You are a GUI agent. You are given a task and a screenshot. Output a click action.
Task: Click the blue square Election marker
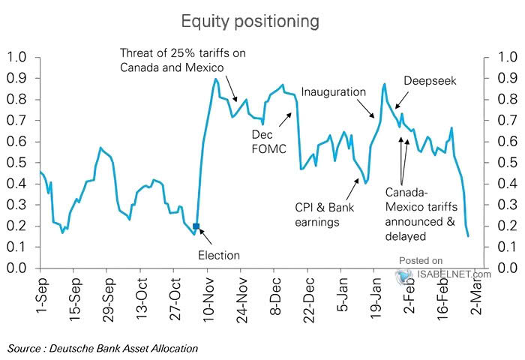[196, 226]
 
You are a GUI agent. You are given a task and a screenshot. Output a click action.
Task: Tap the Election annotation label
[219, 255]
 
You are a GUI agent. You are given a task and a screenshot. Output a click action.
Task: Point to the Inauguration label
[334, 91]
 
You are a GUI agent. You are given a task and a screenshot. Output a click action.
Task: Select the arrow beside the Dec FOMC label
[286, 119]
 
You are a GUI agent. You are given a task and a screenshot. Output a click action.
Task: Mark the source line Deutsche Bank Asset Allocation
[103, 348]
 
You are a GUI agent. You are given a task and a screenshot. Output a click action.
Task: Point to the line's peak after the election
[216, 79]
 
